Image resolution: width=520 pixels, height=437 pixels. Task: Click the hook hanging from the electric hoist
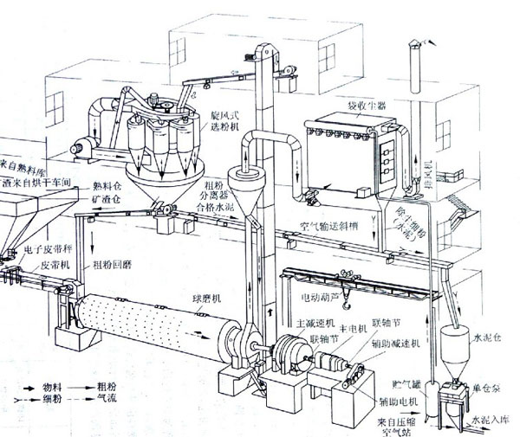(x=346, y=302)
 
